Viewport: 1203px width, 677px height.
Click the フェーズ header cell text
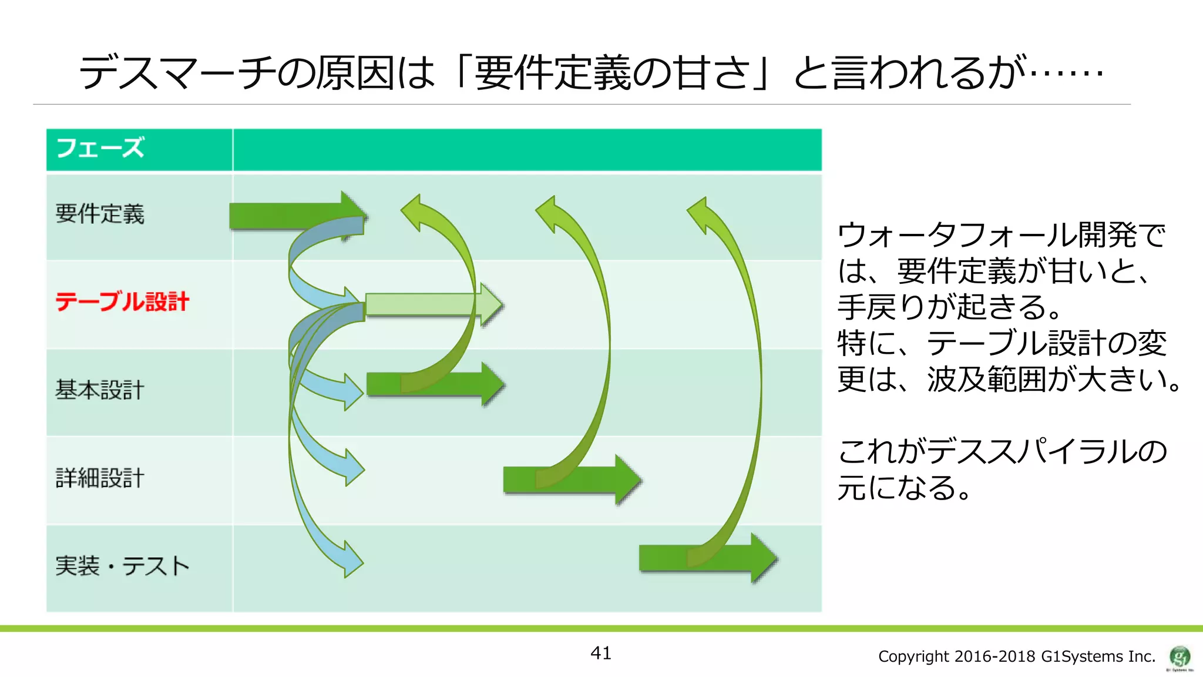coord(100,148)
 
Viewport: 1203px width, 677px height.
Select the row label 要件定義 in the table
coord(100,214)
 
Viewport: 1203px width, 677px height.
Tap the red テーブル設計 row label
coord(122,301)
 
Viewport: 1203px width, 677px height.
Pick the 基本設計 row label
coord(100,390)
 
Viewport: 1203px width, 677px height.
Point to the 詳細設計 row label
coord(100,478)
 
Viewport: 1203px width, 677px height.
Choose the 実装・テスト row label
coord(122,566)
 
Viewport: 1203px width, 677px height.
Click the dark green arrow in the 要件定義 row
coord(288,215)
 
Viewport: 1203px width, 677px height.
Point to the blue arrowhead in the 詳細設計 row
coord(353,468)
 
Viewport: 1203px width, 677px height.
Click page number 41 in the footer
coord(600,653)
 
